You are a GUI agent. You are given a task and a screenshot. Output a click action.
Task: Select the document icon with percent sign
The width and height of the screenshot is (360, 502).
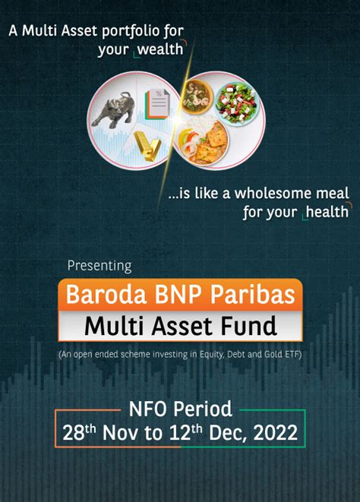[x=156, y=105]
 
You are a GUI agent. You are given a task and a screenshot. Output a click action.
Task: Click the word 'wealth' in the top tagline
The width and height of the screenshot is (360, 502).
[x=161, y=50]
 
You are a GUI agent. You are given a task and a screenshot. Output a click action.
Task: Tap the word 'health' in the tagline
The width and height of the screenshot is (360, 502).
[x=328, y=210]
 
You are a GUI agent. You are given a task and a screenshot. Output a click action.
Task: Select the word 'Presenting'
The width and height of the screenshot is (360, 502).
[x=99, y=266]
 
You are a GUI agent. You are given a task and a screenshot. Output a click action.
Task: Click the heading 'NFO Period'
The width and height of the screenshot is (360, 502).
[x=180, y=409]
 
